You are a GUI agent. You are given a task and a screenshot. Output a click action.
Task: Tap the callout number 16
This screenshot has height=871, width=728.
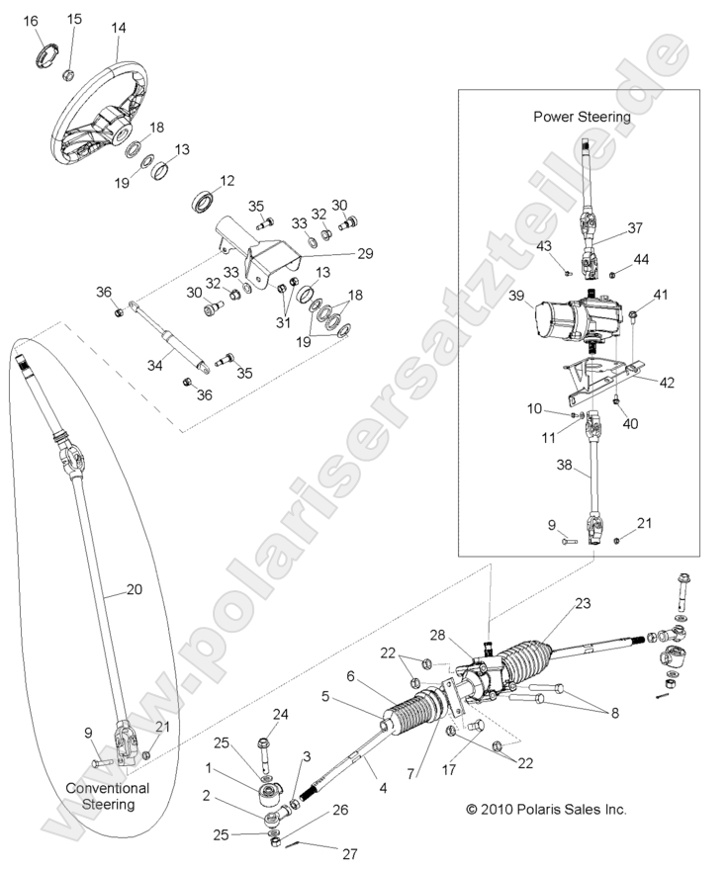coord(31,21)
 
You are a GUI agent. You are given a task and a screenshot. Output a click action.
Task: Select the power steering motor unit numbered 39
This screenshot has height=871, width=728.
coord(578,317)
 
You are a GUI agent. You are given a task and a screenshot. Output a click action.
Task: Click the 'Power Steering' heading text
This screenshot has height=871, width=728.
coord(582,117)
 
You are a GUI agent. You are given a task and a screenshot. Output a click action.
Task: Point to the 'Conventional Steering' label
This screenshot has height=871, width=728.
coord(108,796)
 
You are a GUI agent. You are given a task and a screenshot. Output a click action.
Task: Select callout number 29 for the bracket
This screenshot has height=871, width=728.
coord(365,253)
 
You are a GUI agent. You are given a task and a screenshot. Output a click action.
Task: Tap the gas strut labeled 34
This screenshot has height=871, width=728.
coord(170,335)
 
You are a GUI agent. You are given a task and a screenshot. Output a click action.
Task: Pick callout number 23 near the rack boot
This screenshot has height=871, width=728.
coord(583,603)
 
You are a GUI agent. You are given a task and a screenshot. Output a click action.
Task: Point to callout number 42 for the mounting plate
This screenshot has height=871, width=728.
coord(667,383)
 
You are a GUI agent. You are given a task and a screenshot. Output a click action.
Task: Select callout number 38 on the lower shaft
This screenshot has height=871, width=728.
coord(564,464)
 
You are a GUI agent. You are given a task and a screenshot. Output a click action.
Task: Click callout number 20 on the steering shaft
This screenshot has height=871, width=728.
coord(135,589)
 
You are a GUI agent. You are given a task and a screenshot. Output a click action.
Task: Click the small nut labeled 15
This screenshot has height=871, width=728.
coord(69,74)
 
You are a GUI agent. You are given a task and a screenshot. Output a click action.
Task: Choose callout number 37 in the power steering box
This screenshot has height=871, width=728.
coord(635,227)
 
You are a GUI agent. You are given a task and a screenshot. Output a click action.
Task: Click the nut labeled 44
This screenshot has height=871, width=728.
coord(612,274)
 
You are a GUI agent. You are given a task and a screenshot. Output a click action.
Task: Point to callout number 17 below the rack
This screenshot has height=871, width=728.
coord(448,769)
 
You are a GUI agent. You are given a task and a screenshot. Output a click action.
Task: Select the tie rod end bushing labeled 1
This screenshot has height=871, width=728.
coord(269,794)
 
